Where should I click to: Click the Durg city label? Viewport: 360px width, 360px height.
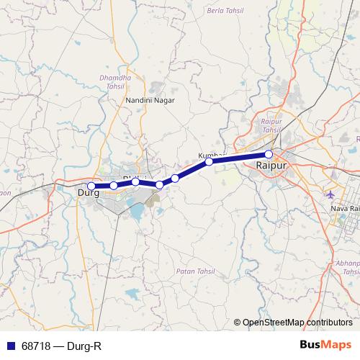click(88, 192)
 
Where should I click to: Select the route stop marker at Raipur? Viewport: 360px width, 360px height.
click(269, 154)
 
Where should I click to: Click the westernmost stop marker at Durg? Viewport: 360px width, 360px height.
click(91, 186)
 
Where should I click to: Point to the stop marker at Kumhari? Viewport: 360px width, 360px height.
click(210, 162)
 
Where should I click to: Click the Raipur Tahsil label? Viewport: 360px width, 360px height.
click(270, 126)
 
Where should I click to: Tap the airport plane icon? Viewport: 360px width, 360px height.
click(330, 194)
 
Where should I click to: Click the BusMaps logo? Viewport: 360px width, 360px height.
click(325, 346)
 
